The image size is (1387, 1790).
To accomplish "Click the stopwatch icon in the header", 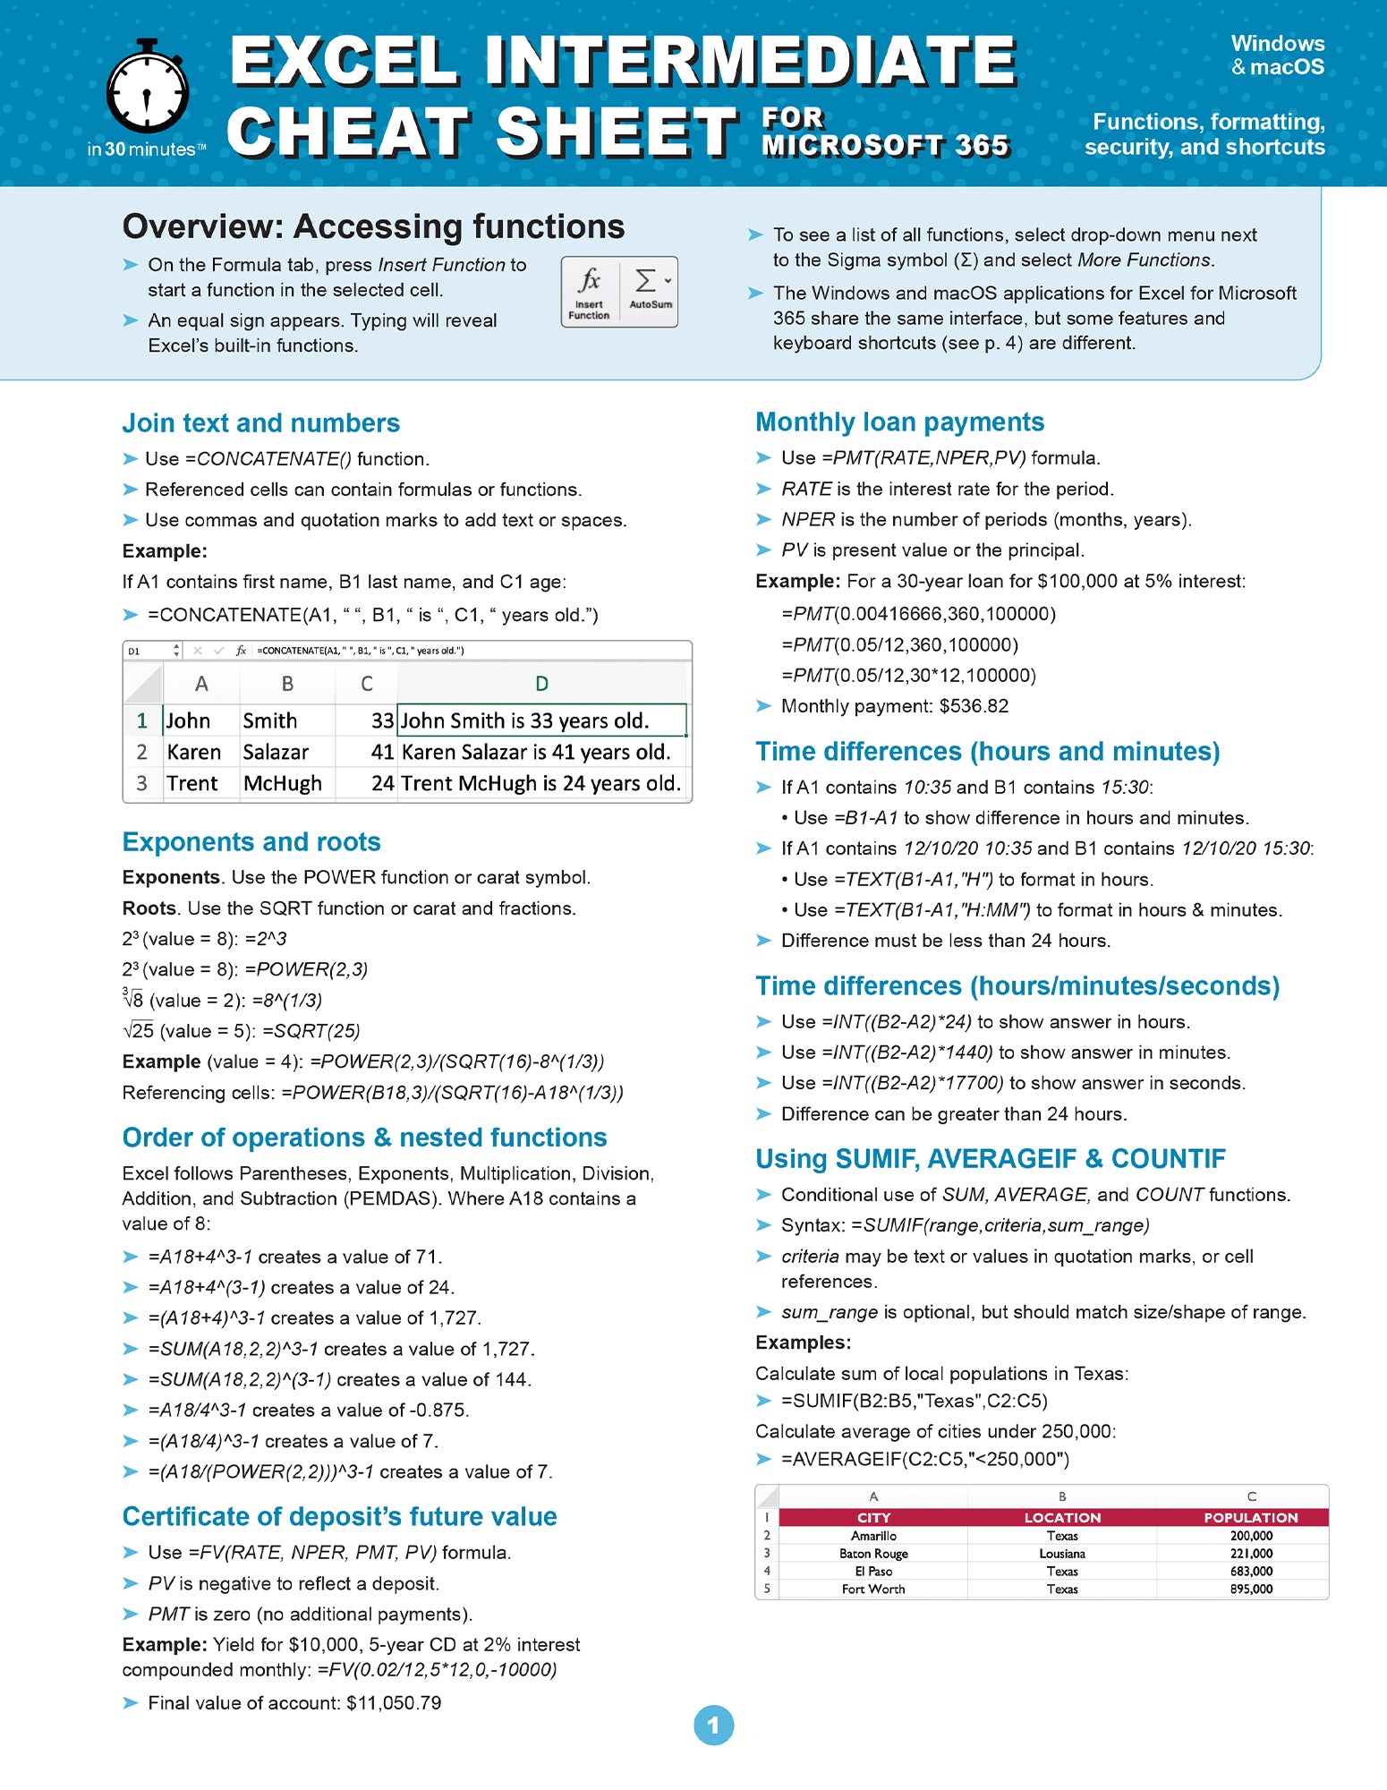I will point(148,88).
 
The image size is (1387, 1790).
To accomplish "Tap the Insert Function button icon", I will point(589,291).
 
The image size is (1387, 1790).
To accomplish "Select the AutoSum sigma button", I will point(650,291).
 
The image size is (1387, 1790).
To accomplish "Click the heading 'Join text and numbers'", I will point(260,422).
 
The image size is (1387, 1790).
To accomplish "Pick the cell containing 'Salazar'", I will point(276,752).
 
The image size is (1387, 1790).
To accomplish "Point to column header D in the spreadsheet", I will point(541,684).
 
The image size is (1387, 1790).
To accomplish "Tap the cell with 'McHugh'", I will point(282,783).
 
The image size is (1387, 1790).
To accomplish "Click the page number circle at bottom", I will point(713,1725).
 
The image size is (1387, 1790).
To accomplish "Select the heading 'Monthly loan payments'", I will point(899,422).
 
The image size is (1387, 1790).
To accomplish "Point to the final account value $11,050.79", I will point(394,1702).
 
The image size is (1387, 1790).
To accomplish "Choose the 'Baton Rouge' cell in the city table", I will point(873,1554).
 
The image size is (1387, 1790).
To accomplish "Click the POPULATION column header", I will point(1250,1518).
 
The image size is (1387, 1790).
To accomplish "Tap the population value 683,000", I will point(1251,1571).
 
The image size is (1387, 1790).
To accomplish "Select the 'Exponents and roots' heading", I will point(251,841).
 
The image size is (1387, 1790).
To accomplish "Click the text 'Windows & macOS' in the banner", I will point(1277,55).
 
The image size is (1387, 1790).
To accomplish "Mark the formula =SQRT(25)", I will point(311,1031).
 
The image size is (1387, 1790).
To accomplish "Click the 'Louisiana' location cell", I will point(1062,1554).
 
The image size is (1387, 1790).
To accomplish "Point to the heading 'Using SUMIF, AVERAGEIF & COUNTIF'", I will point(990,1158).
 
